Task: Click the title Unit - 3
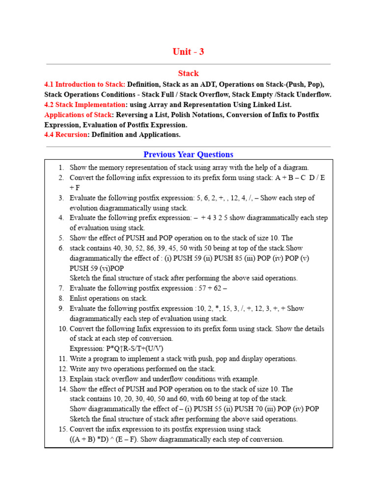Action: click(x=188, y=52)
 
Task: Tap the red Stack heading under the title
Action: click(x=188, y=74)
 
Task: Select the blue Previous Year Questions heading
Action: click(x=188, y=154)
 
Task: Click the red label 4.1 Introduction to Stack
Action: click(x=84, y=84)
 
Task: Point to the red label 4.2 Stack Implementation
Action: click(x=84, y=104)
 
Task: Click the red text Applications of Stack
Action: click(x=78, y=115)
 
